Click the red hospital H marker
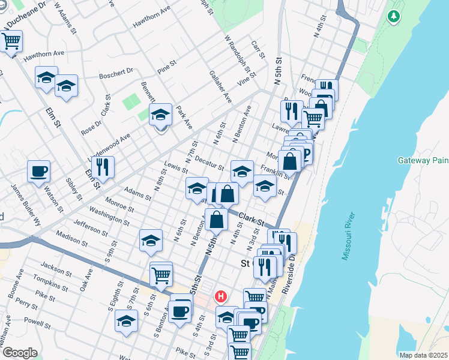[221, 296]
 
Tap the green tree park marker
[394, 17]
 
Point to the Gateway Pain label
[423, 160]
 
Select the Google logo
[19, 353]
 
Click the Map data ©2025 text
[423, 355]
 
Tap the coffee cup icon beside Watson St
[38, 171]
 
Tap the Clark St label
[251, 219]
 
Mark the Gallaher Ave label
[220, 86]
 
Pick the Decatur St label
[210, 163]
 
